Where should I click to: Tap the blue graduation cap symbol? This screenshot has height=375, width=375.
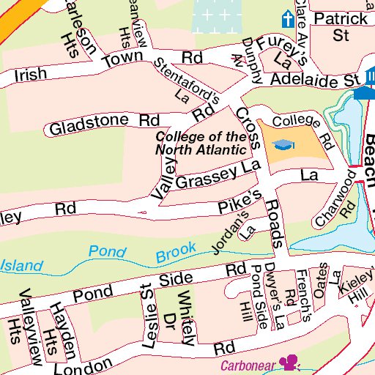tap(283, 145)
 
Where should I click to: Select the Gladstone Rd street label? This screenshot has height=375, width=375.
tap(103, 124)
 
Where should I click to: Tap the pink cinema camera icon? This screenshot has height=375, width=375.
tap(290, 363)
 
